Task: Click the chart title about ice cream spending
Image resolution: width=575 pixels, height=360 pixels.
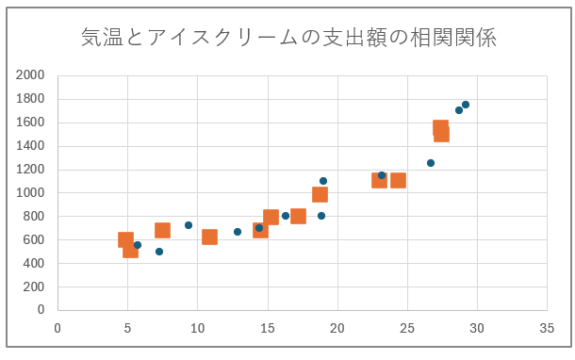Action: pos(288,38)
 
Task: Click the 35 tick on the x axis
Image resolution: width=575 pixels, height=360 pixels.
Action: pos(547,328)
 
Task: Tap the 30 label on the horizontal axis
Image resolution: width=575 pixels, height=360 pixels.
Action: pos(477,328)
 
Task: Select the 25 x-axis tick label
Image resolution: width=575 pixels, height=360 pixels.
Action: pos(407,328)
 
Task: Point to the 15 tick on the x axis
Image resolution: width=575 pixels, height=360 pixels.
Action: pos(268,328)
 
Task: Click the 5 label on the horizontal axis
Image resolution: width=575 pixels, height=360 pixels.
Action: pos(127,328)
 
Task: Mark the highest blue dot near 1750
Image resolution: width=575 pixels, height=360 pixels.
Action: pos(466,105)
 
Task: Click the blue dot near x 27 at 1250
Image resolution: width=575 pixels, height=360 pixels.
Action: pos(431,163)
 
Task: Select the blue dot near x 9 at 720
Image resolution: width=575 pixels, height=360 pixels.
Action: pos(189,225)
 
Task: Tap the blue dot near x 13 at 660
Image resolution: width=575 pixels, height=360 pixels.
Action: pos(238,232)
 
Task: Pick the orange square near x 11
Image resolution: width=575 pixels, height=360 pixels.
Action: pos(209,237)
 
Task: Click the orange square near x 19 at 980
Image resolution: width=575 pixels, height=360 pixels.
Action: pos(320,194)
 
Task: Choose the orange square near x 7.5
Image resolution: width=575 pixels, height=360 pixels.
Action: pos(162,230)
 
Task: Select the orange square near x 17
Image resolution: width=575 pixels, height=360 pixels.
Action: pos(298,216)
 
